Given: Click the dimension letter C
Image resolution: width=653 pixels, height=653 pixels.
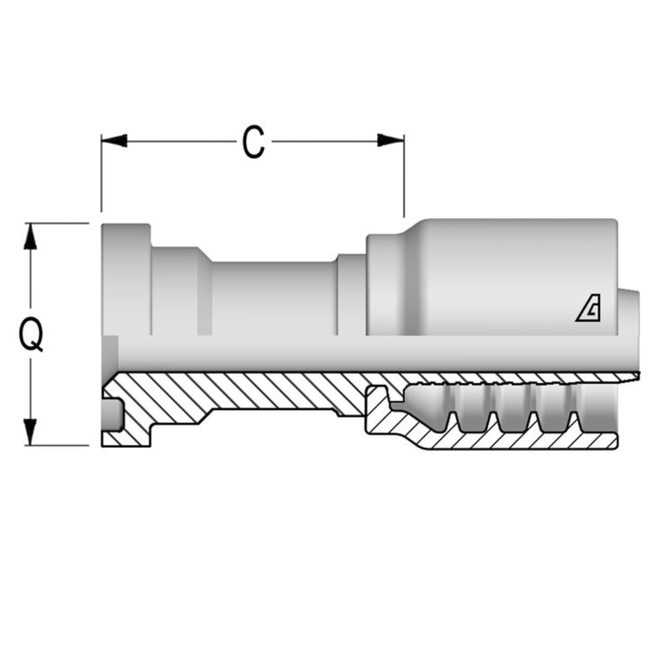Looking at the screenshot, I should [253, 143].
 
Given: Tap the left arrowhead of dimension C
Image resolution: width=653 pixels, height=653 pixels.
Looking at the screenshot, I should [114, 141].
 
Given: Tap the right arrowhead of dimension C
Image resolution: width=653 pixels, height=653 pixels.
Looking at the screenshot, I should [391, 141].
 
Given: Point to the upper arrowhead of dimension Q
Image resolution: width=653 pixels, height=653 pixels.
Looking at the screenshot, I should [30, 237].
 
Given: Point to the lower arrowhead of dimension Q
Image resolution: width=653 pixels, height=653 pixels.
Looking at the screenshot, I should [30, 432].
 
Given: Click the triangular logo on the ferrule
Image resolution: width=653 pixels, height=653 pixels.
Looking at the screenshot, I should [588, 311].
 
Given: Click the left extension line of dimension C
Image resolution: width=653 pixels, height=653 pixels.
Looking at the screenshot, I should [102, 175].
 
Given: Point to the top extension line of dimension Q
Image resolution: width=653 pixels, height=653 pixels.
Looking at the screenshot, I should [57, 223].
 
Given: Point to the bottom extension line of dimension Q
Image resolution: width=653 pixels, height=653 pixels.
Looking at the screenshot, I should [57, 446].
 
